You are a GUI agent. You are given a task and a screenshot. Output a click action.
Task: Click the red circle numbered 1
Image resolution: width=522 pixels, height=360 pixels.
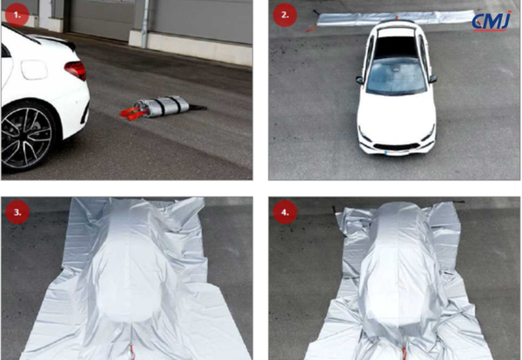[x=17, y=15]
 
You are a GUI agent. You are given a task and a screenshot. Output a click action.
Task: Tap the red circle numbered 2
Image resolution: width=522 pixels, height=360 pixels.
[x=284, y=15]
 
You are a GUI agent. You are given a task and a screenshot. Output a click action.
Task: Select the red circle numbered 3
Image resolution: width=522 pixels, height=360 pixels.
[x=17, y=212]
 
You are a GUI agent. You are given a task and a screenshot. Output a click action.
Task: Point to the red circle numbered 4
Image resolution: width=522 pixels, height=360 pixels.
[x=284, y=212]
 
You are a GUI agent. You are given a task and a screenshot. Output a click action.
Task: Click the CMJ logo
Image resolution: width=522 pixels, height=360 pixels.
[x=492, y=21]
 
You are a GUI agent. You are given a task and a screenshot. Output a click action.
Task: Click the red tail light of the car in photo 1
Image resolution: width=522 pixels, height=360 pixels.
[x=76, y=70]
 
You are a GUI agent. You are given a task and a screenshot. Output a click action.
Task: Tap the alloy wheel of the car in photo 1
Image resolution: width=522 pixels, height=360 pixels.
[x=26, y=137]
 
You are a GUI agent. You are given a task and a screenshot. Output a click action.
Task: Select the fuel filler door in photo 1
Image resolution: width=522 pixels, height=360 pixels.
[x=34, y=70]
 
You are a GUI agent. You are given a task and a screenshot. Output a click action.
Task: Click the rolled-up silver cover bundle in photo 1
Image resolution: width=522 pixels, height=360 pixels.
[x=164, y=106]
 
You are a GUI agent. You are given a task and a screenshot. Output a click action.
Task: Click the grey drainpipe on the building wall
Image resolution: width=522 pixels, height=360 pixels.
[x=144, y=23]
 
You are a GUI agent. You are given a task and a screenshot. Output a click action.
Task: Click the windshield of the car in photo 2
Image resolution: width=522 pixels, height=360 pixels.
[x=396, y=77]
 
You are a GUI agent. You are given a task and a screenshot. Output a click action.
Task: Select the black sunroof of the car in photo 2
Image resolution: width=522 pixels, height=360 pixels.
[x=396, y=47]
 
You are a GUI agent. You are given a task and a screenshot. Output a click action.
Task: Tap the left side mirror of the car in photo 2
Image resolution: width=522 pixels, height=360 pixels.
[x=359, y=80]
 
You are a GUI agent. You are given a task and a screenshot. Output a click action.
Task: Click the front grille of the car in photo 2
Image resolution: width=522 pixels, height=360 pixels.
[x=396, y=147]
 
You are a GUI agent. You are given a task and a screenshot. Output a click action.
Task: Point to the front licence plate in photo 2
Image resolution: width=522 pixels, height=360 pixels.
[x=397, y=153]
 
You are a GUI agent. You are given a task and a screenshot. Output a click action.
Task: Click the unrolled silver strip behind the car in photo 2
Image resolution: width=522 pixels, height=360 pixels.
[x=396, y=17]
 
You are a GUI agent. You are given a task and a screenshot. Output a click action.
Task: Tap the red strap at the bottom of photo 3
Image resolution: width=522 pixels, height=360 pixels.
[x=132, y=352]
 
